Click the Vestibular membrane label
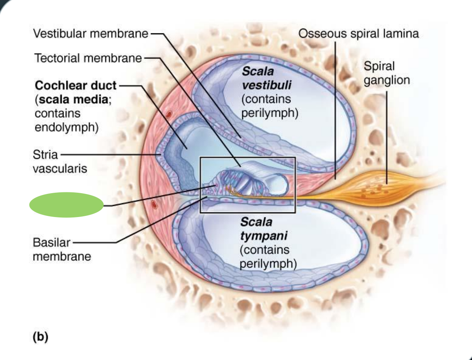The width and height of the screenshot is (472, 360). [90, 34]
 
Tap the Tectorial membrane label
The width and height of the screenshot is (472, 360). [88, 59]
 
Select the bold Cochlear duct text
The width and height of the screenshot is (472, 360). [76, 85]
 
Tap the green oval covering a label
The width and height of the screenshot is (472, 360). [67, 205]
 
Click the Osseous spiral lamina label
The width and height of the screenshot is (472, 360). [359, 34]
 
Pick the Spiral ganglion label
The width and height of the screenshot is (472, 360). [386, 73]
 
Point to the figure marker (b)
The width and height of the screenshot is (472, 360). [40, 337]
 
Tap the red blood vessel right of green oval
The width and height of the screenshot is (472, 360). [154, 204]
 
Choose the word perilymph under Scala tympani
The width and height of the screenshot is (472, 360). [267, 264]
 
